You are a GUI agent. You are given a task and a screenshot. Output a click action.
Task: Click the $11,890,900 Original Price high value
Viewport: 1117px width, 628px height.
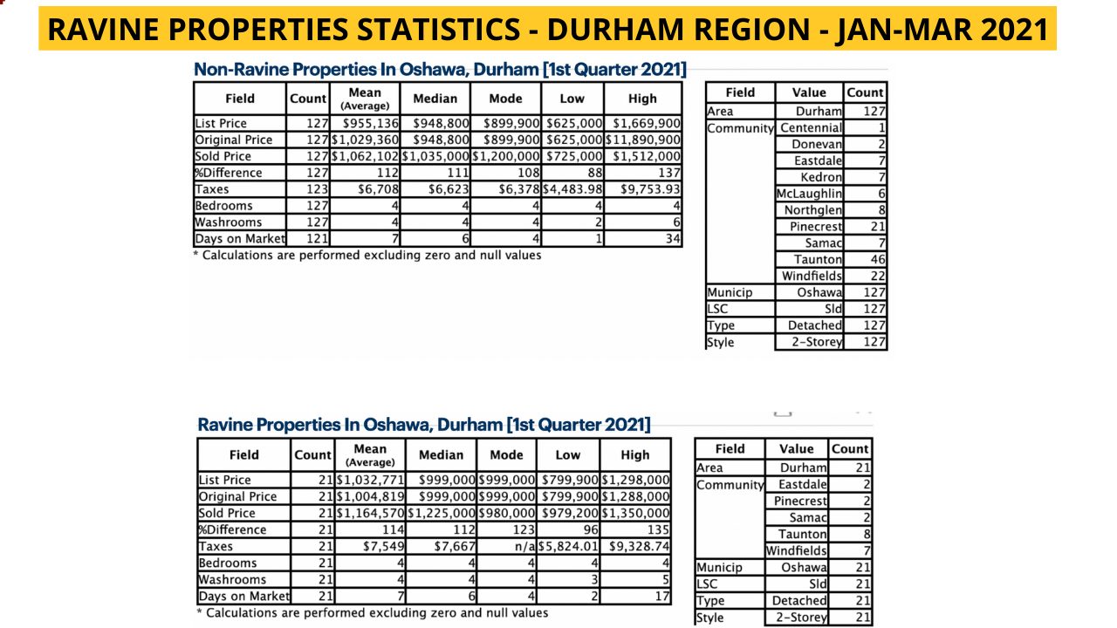pyautogui.click(x=643, y=140)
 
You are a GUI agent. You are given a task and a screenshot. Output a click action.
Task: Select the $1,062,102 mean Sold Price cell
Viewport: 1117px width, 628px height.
pyautogui.click(x=365, y=156)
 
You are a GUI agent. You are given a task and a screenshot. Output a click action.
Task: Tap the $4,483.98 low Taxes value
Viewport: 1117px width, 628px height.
pyautogui.click(x=572, y=189)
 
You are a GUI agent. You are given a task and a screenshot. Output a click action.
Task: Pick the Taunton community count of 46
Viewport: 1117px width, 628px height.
pyautogui.click(x=878, y=259)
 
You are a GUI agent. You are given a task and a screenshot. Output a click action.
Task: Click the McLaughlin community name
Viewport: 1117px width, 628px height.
pyautogui.click(x=809, y=194)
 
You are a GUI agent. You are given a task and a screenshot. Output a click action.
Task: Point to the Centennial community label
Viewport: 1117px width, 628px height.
pyautogui.click(x=811, y=127)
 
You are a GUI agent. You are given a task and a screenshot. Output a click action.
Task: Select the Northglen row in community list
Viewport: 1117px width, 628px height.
pyautogui.click(x=812, y=210)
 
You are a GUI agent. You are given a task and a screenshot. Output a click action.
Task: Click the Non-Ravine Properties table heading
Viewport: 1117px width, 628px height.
pyautogui.click(x=440, y=69)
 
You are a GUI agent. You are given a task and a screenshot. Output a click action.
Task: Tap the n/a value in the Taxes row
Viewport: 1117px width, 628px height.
pyautogui.click(x=524, y=546)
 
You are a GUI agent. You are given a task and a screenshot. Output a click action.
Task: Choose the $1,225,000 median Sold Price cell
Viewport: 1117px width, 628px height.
pyautogui.click(x=442, y=513)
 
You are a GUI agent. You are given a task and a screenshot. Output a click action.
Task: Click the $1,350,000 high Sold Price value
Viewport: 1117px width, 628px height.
pyautogui.click(x=635, y=513)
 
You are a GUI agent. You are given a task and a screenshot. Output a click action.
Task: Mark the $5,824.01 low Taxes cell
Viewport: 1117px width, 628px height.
pyautogui.click(x=568, y=546)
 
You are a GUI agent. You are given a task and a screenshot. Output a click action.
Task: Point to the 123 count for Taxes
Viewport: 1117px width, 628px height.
pyautogui.click(x=317, y=189)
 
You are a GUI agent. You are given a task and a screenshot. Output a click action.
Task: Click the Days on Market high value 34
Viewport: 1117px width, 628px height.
pyautogui.click(x=673, y=239)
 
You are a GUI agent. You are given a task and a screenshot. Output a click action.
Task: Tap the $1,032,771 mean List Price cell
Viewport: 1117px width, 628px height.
pyautogui.click(x=370, y=480)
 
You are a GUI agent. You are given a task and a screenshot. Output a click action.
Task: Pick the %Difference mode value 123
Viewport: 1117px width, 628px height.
pyautogui.click(x=524, y=529)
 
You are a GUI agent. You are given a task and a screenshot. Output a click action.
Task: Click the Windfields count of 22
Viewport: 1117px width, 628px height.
pyautogui.click(x=878, y=276)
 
